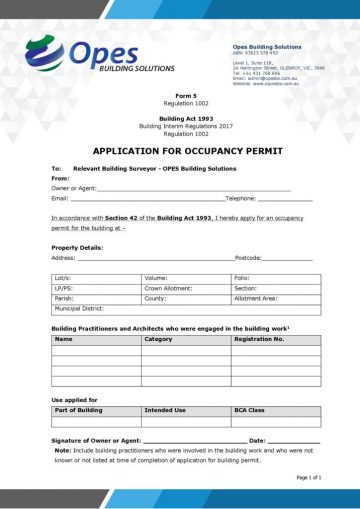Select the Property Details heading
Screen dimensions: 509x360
(x=77, y=247)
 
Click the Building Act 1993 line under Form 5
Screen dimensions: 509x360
(x=180, y=118)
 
